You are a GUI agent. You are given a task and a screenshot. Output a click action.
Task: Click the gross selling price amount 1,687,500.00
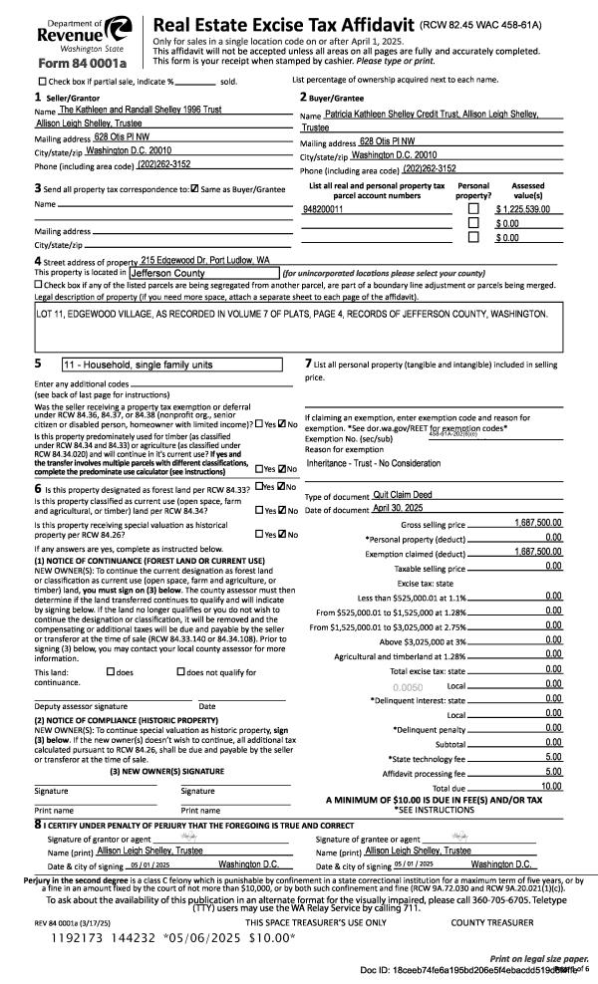coord(539,523)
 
